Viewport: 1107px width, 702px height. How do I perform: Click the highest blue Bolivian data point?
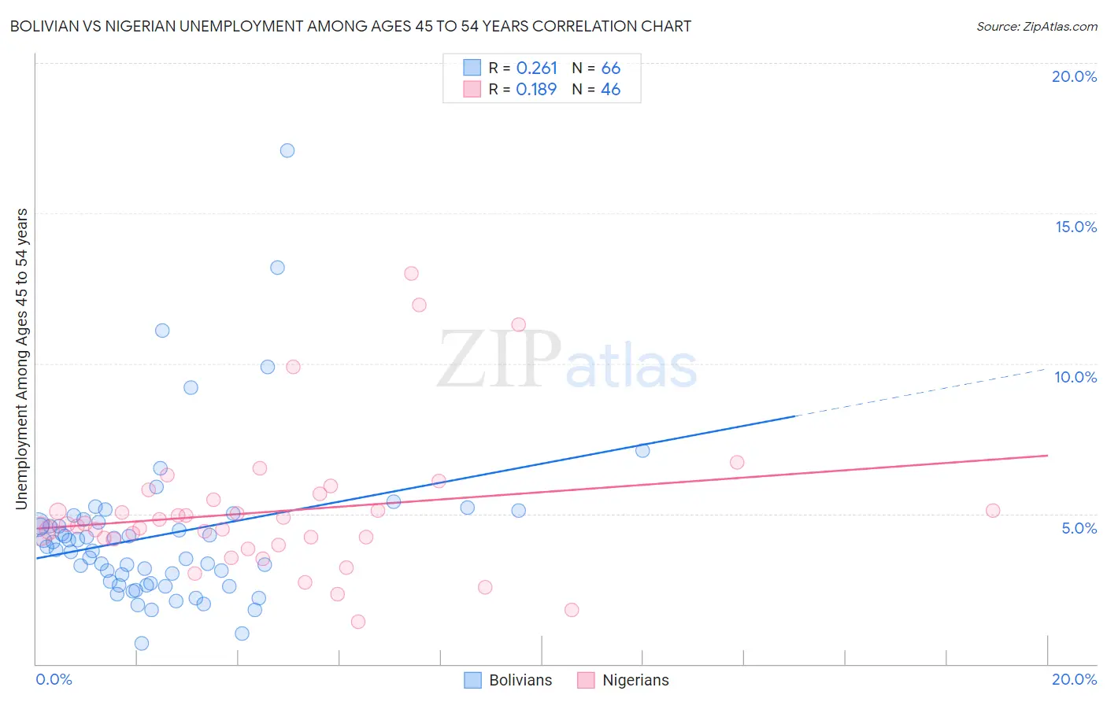tap(287, 150)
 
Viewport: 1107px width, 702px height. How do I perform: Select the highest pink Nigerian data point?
tap(411, 274)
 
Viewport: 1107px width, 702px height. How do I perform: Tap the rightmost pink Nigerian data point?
tap(993, 511)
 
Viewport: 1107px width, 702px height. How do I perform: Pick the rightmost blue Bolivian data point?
tap(642, 451)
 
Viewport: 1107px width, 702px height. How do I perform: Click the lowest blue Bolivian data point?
tap(142, 643)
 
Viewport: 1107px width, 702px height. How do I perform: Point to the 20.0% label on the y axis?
tap(1074, 76)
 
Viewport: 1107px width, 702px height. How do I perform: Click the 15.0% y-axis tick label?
tap(1076, 227)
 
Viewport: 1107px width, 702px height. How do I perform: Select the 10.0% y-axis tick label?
tap(1076, 377)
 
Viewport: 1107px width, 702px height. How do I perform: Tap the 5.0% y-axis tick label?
tap(1079, 528)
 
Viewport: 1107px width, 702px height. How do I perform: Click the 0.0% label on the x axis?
tap(54, 679)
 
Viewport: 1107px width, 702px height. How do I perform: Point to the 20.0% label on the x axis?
tap(1074, 679)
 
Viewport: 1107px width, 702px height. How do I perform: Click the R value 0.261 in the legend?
tap(537, 68)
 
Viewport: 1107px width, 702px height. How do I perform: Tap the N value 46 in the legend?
tap(610, 90)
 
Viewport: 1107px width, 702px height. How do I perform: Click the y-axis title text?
tap(21, 359)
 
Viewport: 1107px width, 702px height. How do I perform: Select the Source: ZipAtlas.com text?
tap(1036, 27)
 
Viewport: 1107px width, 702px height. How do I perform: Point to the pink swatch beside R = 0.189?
tap(472, 89)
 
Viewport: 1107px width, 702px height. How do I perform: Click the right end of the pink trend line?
tap(1047, 455)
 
